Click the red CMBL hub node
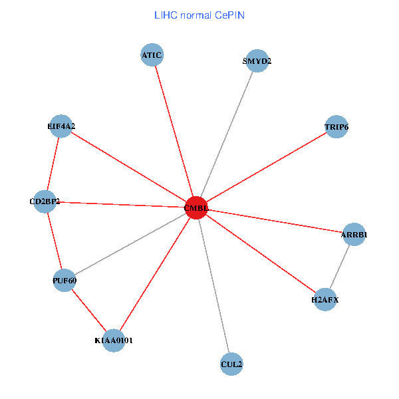196,207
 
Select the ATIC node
152,55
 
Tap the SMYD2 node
257,61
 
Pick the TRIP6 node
336,126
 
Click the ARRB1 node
354,235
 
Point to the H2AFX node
325,300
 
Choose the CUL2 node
231,364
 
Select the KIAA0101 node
114,340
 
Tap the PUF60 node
65,280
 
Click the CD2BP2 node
45,201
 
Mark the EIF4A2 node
61,126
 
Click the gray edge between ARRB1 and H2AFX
339,267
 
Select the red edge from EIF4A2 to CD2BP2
53,164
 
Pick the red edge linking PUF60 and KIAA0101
89,310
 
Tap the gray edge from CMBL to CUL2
213,286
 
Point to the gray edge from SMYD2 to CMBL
227,134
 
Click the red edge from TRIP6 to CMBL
266,167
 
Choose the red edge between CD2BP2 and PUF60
55,241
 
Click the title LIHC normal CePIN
199,15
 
